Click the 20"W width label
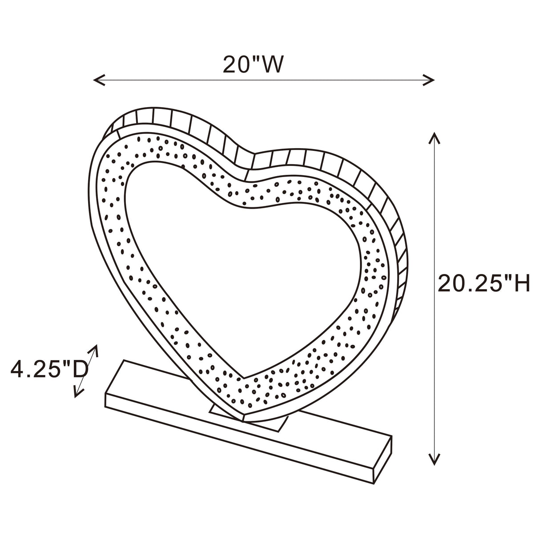[x=252, y=65]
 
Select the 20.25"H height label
[x=484, y=284]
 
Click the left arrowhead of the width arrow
[x=96, y=80]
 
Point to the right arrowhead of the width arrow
[x=431, y=80]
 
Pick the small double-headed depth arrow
[x=86, y=370]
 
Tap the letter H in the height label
[x=520, y=284]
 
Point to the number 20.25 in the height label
[x=469, y=284]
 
